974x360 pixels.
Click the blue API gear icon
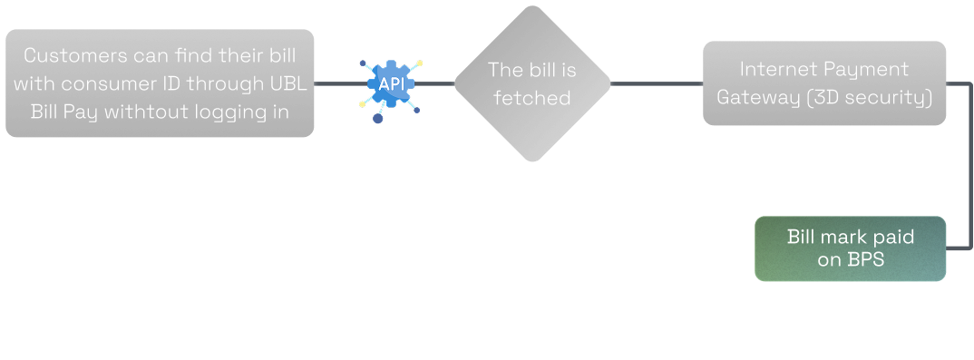391,84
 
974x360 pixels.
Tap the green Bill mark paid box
850,248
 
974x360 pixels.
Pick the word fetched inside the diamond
532,97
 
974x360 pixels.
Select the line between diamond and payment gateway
655,83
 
